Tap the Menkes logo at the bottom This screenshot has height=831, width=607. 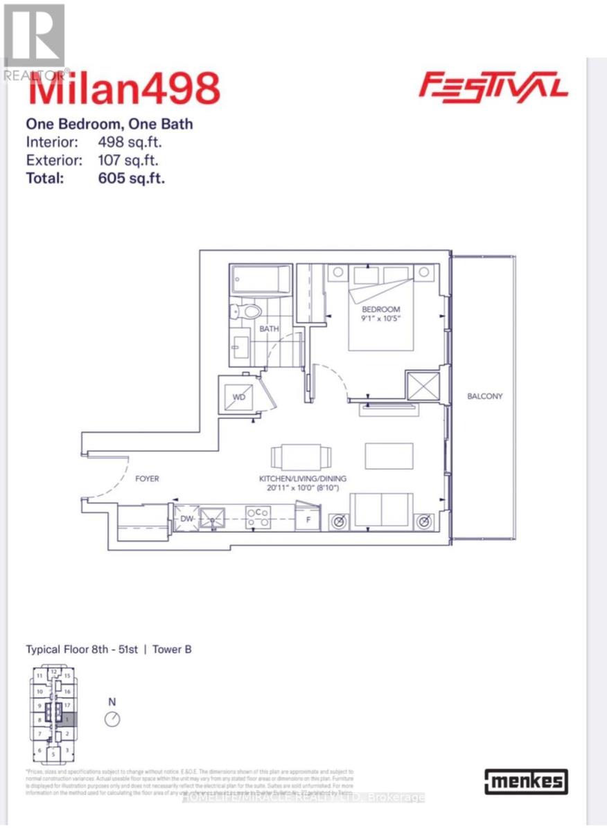pyautogui.click(x=527, y=783)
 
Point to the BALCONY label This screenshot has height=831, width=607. pyautogui.click(x=484, y=397)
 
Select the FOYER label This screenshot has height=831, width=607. pyautogui.click(x=148, y=479)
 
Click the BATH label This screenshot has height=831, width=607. pyautogui.click(x=270, y=330)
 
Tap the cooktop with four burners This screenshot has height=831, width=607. pyautogui.click(x=258, y=517)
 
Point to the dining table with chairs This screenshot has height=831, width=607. pyautogui.click(x=301, y=457)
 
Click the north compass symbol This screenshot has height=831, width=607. pyautogui.click(x=112, y=719)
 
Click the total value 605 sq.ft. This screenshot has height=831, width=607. pyautogui.click(x=131, y=178)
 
